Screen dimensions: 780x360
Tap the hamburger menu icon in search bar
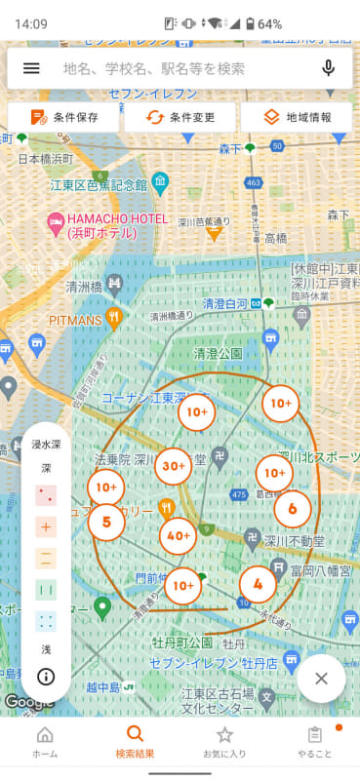(x=31, y=68)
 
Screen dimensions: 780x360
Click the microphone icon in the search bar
(x=328, y=68)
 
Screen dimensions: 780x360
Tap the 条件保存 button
(x=63, y=117)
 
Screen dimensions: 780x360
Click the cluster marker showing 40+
(x=179, y=535)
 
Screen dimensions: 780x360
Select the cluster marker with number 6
(x=292, y=508)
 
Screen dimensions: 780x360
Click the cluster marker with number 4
(x=258, y=585)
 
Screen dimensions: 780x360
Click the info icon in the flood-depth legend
(x=46, y=676)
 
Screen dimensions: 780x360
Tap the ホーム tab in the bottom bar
(x=45, y=743)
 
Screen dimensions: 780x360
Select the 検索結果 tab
(x=135, y=743)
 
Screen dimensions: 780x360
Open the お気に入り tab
(x=224, y=743)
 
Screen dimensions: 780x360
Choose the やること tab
(x=314, y=743)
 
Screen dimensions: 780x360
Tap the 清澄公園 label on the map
(x=218, y=354)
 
